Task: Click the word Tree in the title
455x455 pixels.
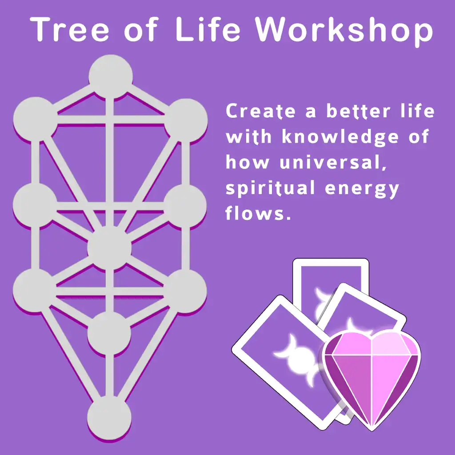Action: point(69,29)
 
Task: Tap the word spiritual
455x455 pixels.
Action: point(270,189)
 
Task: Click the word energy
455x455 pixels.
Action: point(362,189)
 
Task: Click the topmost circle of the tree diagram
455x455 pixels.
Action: point(111,76)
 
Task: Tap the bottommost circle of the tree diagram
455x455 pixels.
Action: point(109,418)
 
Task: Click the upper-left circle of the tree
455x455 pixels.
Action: point(36,119)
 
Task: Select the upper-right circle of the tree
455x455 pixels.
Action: point(186,120)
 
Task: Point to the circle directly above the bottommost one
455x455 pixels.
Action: point(109,333)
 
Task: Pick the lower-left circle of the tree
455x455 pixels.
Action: point(35,290)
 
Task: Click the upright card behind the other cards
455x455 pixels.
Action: point(331,279)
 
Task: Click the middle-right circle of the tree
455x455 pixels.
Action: point(185,206)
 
